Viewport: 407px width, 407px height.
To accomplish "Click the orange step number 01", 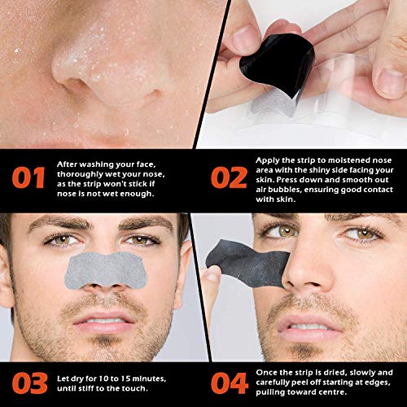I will (28, 178).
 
